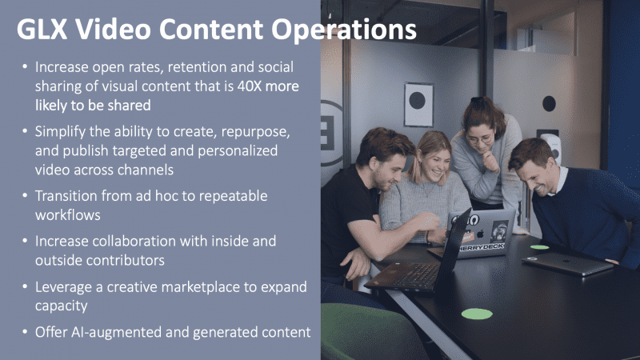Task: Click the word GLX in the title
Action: pyautogui.click(x=42, y=29)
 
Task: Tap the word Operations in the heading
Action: pyautogui.click(x=344, y=30)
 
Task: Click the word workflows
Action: pyautogui.click(x=68, y=214)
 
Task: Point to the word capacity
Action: pyautogui.click(x=62, y=306)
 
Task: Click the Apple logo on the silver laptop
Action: pyautogui.click(x=481, y=234)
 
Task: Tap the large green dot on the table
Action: pyautogui.click(x=477, y=314)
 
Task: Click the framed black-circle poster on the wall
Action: pyautogui.click(x=418, y=105)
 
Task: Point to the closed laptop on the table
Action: pyautogui.click(x=567, y=263)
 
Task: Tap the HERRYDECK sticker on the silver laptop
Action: pyautogui.click(x=481, y=247)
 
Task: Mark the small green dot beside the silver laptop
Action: pyautogui.click(x=539, y=247)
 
